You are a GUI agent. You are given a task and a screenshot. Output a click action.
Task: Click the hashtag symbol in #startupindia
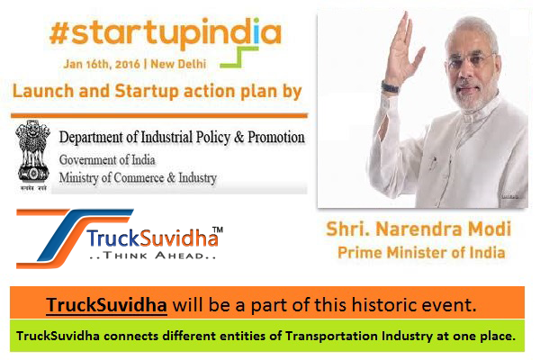(x=59, y=33)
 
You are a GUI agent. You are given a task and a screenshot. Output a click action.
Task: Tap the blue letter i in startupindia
(x=256, y=30)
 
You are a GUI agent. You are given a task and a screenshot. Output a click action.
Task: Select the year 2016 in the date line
(x=128, y=64)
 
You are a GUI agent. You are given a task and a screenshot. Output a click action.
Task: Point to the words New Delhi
(x=178, y=64)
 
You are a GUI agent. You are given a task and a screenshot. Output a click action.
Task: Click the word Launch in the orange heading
(x=43, y=91)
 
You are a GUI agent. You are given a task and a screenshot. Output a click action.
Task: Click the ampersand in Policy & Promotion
(x=238, y=138)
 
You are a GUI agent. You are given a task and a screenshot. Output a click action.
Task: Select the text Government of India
(x=107, y=160)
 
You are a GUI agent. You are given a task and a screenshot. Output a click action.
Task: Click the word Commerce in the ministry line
(x=139, y=178)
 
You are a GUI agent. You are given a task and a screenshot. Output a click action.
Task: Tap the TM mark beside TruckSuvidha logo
(x=217, y=229)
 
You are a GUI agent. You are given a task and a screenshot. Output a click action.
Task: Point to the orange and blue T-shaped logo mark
(x=75, y=238)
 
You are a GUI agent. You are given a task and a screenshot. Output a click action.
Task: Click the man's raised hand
(x=402, y=49)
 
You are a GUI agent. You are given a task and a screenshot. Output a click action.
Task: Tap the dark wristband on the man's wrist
(x=391, y=86)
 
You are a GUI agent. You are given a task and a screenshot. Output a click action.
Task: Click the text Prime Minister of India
(x=421, y=253)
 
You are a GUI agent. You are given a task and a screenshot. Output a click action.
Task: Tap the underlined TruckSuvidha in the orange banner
(x=107, y=305)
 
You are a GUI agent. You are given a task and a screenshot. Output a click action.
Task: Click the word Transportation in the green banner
(x=332, y=336)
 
